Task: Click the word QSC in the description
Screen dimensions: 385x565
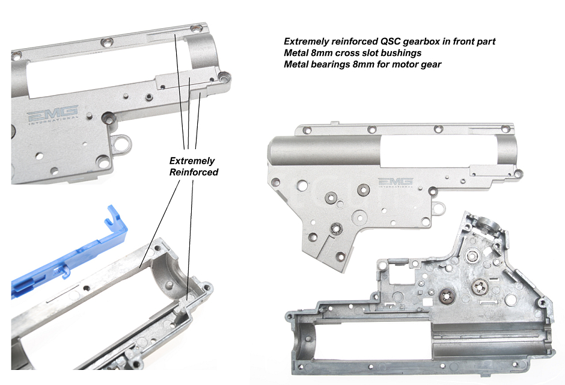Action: point(389,42)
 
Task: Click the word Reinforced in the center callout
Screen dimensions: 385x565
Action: point(194,172)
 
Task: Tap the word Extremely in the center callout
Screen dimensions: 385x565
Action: point(192,161)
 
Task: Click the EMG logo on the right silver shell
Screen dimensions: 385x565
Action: point(395,182)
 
